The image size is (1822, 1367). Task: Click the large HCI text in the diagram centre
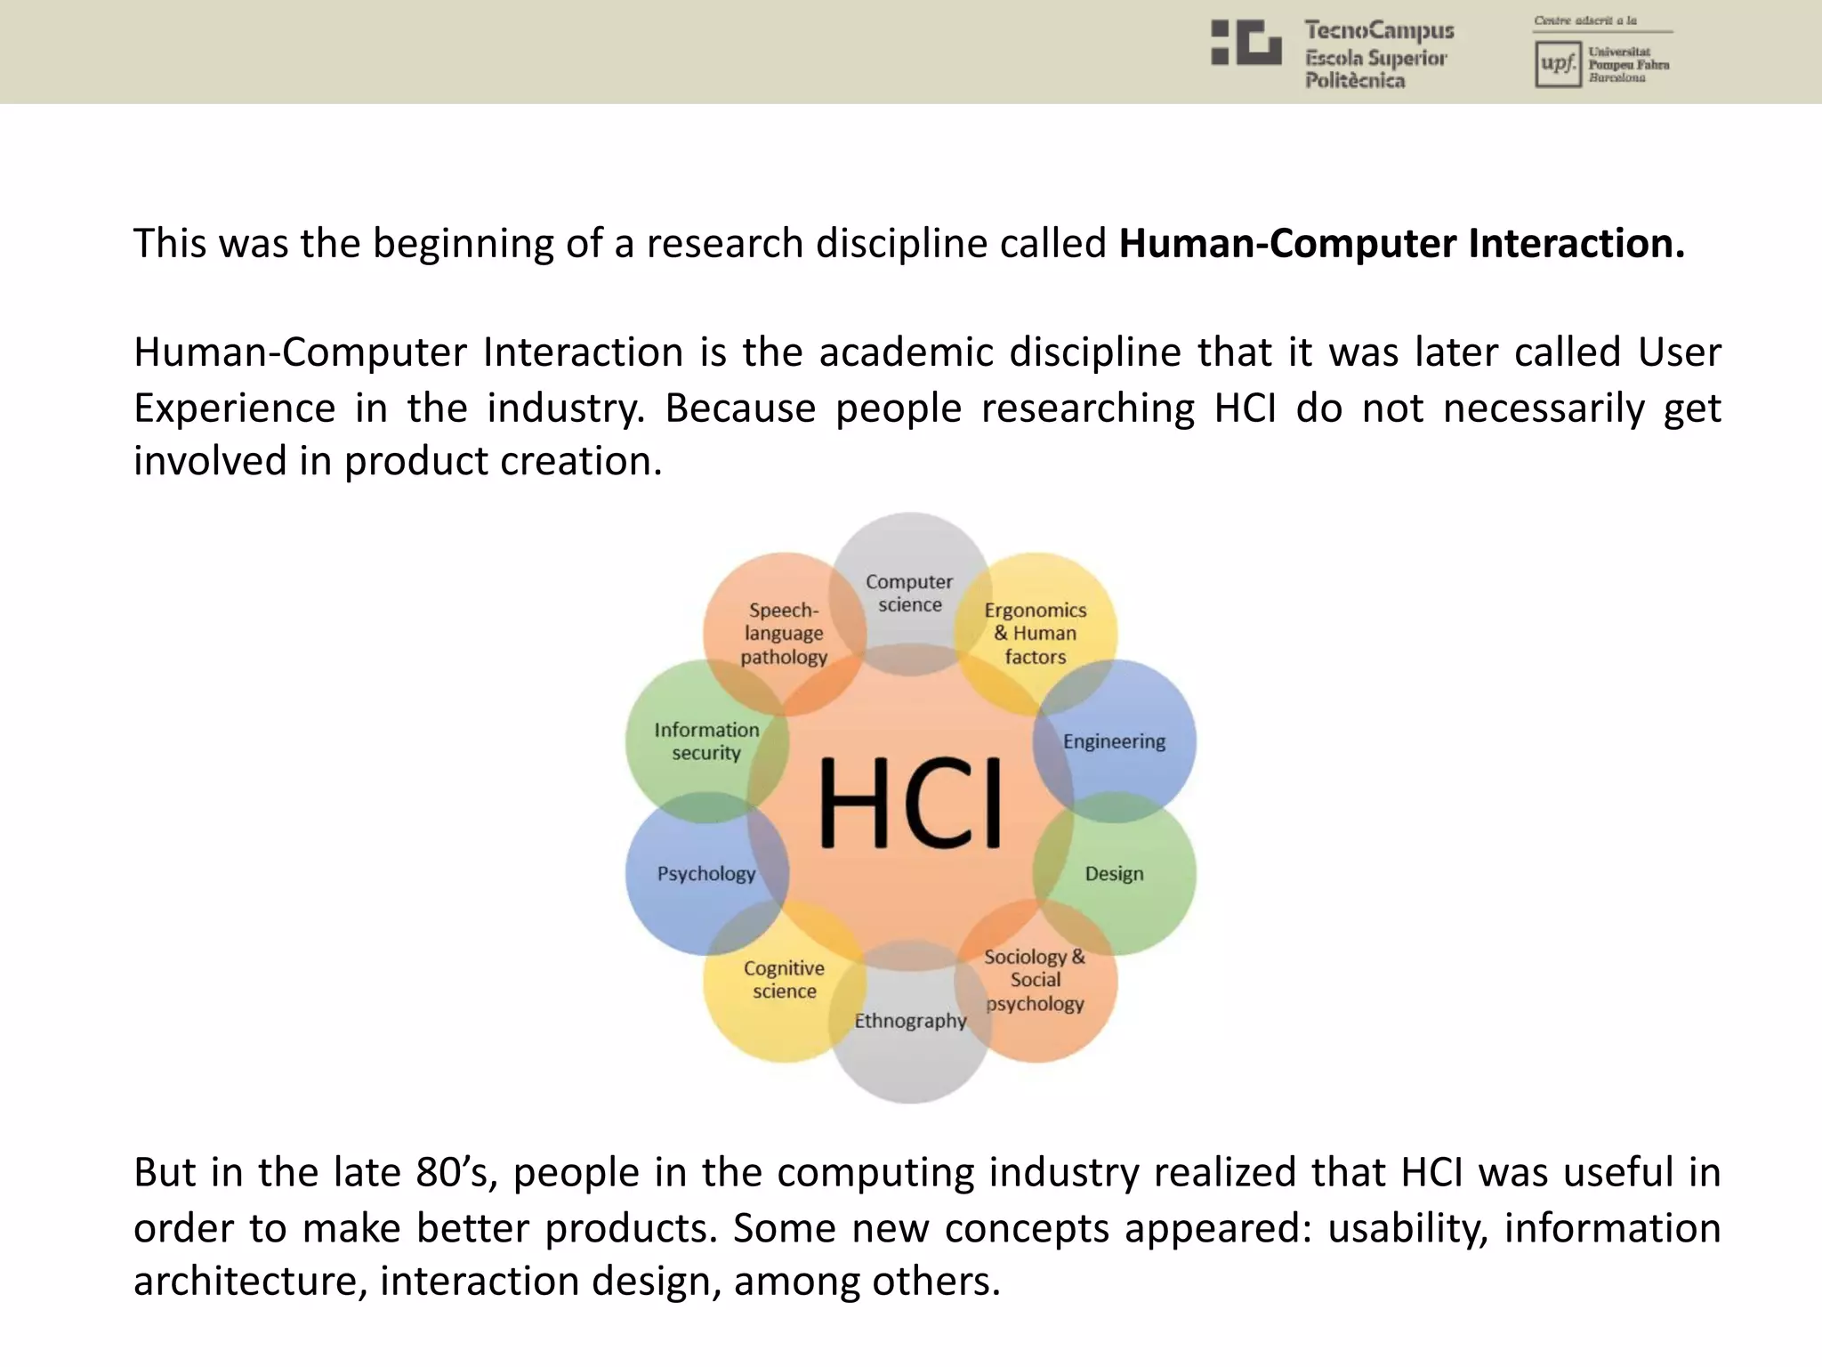(910, 803)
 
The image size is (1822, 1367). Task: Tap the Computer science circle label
(909, 594)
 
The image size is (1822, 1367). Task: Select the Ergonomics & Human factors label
(1036, 634)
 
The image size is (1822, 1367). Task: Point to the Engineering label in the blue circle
(1114, 741)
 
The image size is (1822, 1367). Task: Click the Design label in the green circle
(1114, 874)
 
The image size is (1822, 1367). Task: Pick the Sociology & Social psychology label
(1035, 980)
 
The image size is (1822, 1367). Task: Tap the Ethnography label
(910, 1021)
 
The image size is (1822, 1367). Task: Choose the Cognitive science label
(784, 980)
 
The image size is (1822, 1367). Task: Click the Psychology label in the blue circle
(706, 874)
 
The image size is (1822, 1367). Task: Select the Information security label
(706, 741)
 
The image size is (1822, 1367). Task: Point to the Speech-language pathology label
(784, 634)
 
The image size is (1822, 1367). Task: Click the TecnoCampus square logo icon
(1246, 44)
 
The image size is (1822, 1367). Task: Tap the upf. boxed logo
(1557, 64)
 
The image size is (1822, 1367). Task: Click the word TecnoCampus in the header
(1379, 31)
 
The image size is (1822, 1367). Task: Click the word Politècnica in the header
(1355, 81)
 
